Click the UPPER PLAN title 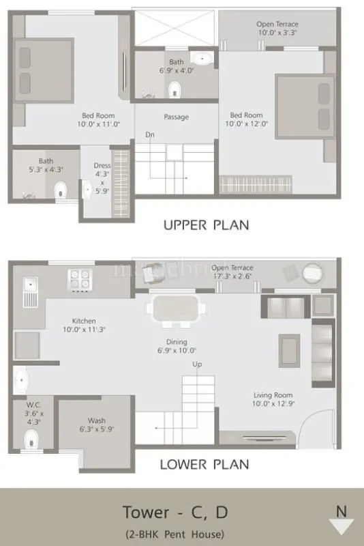tap(206, 225)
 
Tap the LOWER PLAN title tap(204, 465)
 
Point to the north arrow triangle tap(341, 526)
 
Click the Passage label tap(176, 117)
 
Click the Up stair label tap(197, 364)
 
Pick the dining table tap(176, 308)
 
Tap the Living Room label tap(273, 395)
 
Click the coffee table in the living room tap(289, 349)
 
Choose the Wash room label tap(96, 420)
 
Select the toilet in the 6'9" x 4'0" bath tap(175, 88)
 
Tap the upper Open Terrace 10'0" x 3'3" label tap(277, 29)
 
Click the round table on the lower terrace tap(313, 272)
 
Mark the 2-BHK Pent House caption tap(174, 534)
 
